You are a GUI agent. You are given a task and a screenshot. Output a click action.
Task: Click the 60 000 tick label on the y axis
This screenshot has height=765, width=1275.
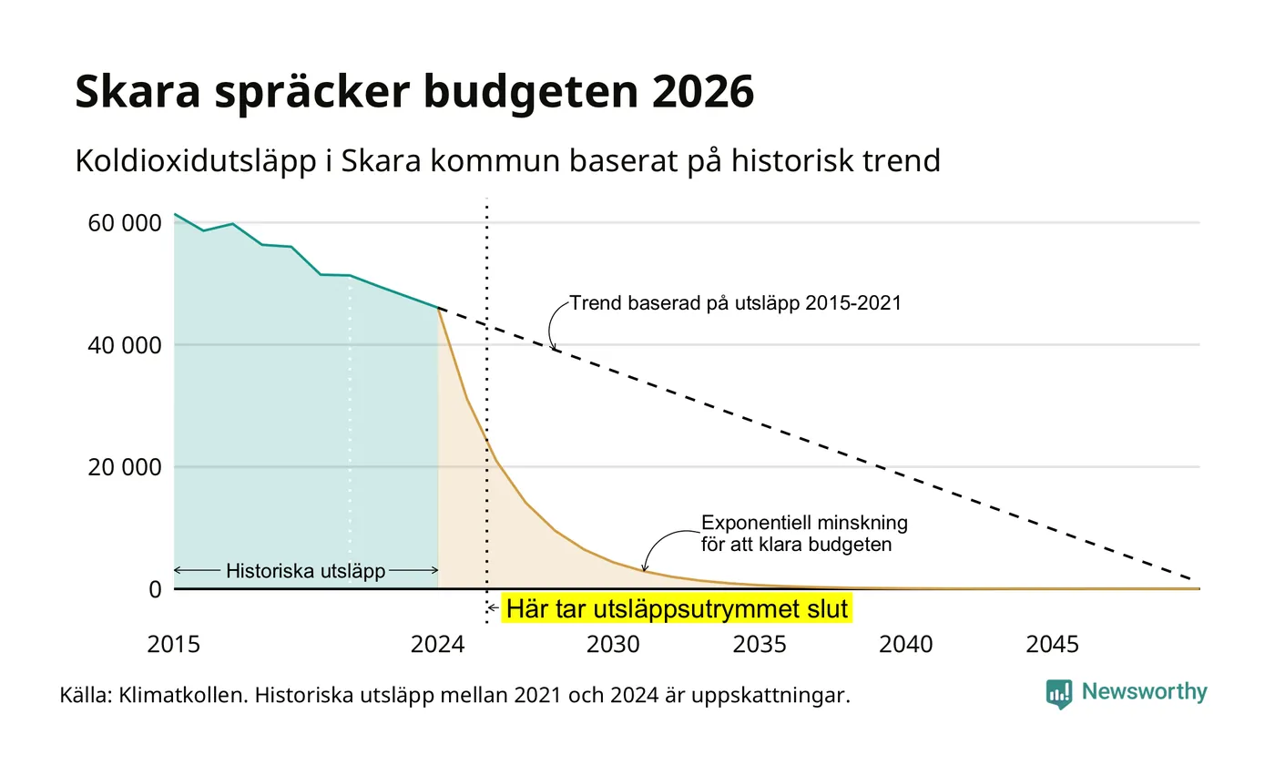click(x=125, y=223)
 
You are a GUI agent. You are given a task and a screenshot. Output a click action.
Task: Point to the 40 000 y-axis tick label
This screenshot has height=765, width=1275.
click(x=125, y=345)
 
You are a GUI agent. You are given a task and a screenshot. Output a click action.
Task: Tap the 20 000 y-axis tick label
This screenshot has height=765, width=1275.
click(x=125, y=467)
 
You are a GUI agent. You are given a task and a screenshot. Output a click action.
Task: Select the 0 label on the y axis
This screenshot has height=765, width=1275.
click(x=156, y=590)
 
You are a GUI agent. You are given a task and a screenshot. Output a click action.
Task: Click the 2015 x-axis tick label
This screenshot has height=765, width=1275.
click(x=174, y=645)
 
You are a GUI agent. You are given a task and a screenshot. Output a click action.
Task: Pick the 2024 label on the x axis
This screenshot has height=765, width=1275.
click(x=438, y=645)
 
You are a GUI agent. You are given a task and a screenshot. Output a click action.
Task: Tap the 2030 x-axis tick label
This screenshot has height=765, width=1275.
click(x=613, y=645)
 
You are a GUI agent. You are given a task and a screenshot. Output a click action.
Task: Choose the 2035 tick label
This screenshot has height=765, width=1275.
click(x=760, y=645)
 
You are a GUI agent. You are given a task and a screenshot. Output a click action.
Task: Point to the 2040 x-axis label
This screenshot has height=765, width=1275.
click(x=905, y=645)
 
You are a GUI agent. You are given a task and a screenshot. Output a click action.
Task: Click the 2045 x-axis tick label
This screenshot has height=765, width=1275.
click(x=1053, y=645)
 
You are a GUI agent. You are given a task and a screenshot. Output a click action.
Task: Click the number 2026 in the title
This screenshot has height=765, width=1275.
click(x=703, y=92)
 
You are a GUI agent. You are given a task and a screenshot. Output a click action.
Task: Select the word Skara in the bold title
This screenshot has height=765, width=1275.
click(x=138, y=92)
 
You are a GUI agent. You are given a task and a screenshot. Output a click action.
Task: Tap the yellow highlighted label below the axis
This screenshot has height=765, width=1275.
click(x=677, y=608)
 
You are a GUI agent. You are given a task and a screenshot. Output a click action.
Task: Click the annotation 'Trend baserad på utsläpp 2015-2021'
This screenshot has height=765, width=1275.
click(x=736, y=302)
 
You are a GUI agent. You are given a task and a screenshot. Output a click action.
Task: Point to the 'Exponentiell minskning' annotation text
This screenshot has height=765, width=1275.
click(x=804, y=523)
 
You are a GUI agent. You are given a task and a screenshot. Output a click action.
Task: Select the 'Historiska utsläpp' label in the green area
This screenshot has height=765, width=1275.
click(x=306, y=571)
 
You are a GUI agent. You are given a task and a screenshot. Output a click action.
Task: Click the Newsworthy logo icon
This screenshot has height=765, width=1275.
click(x=1058, y=694)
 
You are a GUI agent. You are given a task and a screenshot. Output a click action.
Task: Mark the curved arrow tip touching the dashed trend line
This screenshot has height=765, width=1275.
click(x=554, y=350)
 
